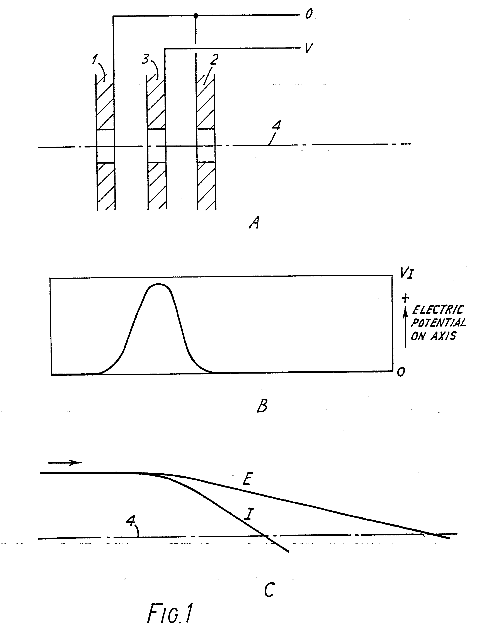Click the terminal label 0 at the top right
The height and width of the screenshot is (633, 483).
[309, 14]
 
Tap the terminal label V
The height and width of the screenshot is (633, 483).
[308, 48]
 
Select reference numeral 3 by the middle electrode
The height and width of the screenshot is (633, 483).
[145, 59]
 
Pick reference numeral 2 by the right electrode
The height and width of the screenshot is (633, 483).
[214, 59]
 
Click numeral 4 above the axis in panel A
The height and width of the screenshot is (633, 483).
[277, 125]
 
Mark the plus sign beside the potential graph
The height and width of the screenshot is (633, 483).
[405, 298]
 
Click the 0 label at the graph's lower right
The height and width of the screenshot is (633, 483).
[401, 372]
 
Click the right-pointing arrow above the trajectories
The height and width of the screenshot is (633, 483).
[65, 463]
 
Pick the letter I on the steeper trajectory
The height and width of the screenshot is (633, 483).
[249, 514]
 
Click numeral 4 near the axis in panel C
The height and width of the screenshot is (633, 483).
[131, 520]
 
